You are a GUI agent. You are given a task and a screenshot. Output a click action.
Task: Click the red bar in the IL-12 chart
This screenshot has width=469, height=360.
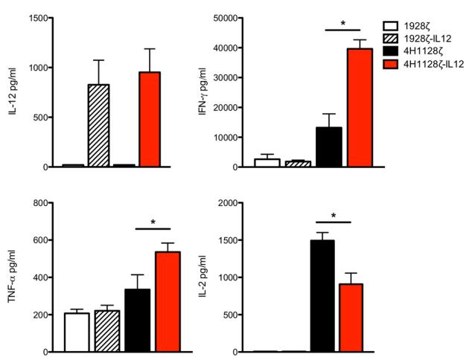tap(151, 119)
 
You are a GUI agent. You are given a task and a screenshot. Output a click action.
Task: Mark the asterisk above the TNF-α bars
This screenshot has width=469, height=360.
tap(153, 222)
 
